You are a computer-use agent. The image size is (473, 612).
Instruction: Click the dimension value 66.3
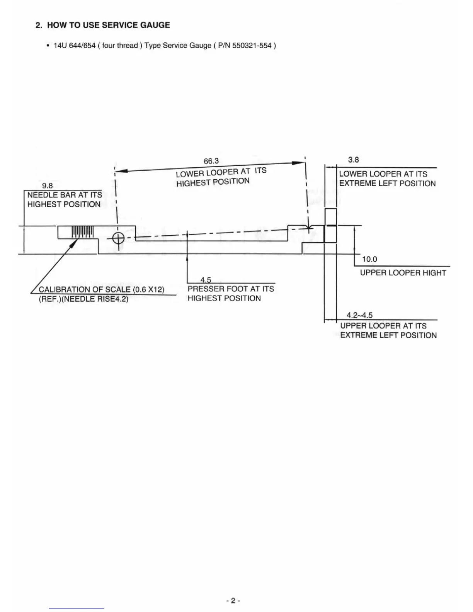[x=211, y=161]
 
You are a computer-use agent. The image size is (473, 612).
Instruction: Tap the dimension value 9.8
[x=47, y=186]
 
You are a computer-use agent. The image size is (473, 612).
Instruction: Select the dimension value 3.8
[x=353, y=160]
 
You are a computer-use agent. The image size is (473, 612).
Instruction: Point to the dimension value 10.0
[x=369, y=259]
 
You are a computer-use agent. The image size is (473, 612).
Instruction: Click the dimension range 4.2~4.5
[x=359, y=315]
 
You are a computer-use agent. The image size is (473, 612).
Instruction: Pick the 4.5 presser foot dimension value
[x=206, y=280]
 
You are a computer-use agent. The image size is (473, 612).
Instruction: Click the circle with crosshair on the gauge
[x=118, y=238]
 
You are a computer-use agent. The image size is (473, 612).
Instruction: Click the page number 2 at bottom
[x=233, y=600]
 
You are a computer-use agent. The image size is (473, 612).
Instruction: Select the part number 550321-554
[x=252, y=46]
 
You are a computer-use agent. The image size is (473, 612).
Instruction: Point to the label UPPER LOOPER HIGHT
[x=403, y=273]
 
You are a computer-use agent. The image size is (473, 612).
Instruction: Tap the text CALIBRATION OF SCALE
[x=85, y=289]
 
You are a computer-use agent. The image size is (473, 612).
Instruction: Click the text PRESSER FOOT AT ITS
[x=231, y=289]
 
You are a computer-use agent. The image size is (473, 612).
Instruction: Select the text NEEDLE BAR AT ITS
[x=65, y=195]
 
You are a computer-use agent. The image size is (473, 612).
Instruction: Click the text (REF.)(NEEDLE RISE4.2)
[x=83, y=299]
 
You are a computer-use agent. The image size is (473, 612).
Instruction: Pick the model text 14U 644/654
[x=75, y=46]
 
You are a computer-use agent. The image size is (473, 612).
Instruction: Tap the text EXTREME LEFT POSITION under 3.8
[x=387, y=184]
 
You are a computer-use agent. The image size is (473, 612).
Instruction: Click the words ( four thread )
[x=119, y=46]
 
